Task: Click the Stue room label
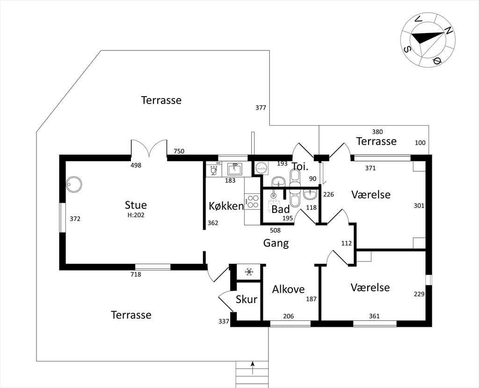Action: [136, 205]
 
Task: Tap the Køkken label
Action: [226, 206]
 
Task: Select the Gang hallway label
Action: [276, 243]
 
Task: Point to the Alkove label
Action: [288, 289]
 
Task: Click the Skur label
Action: [247, 300]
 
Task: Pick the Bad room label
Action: [281, 209]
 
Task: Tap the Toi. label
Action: [300, 166]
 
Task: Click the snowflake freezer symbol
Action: [249, 271]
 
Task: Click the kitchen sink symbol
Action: [235, 169]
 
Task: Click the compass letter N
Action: [448, 30]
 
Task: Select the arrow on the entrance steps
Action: [252, 367]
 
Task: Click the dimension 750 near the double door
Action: [179, 151]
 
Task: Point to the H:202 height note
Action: [136, 215]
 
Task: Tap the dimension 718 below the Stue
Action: [136, 274]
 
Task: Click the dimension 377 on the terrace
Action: [261, 107]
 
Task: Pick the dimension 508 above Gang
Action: [275, 230]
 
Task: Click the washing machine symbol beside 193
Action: [261, 168]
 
